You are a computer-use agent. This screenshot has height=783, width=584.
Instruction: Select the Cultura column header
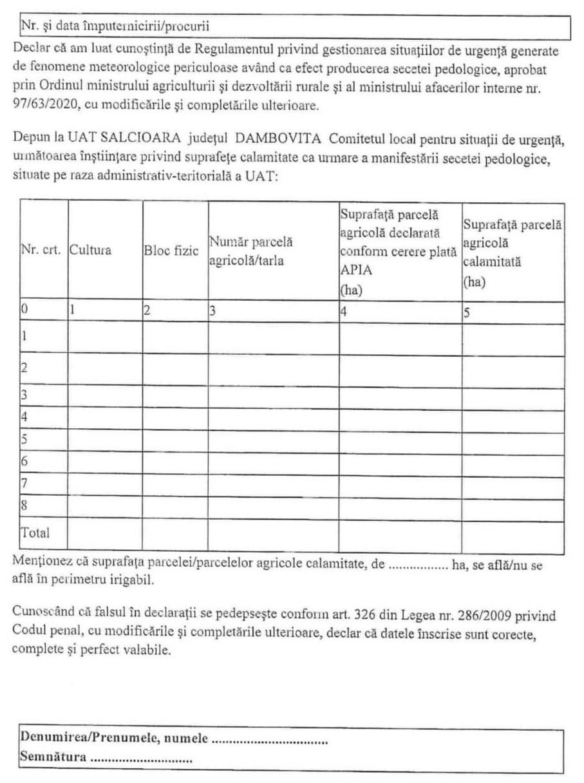[90, 250]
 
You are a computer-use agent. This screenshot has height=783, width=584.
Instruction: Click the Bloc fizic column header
[167, 250]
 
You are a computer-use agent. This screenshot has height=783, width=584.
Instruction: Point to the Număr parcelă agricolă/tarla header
[250, 251]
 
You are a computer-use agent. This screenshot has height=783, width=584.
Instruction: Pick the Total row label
[35, 533]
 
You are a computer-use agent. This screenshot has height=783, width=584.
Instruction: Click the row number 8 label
[24, 506]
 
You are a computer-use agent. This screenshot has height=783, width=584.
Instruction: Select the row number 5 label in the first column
[24, 440]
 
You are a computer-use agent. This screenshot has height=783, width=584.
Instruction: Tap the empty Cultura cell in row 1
[105, 339]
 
